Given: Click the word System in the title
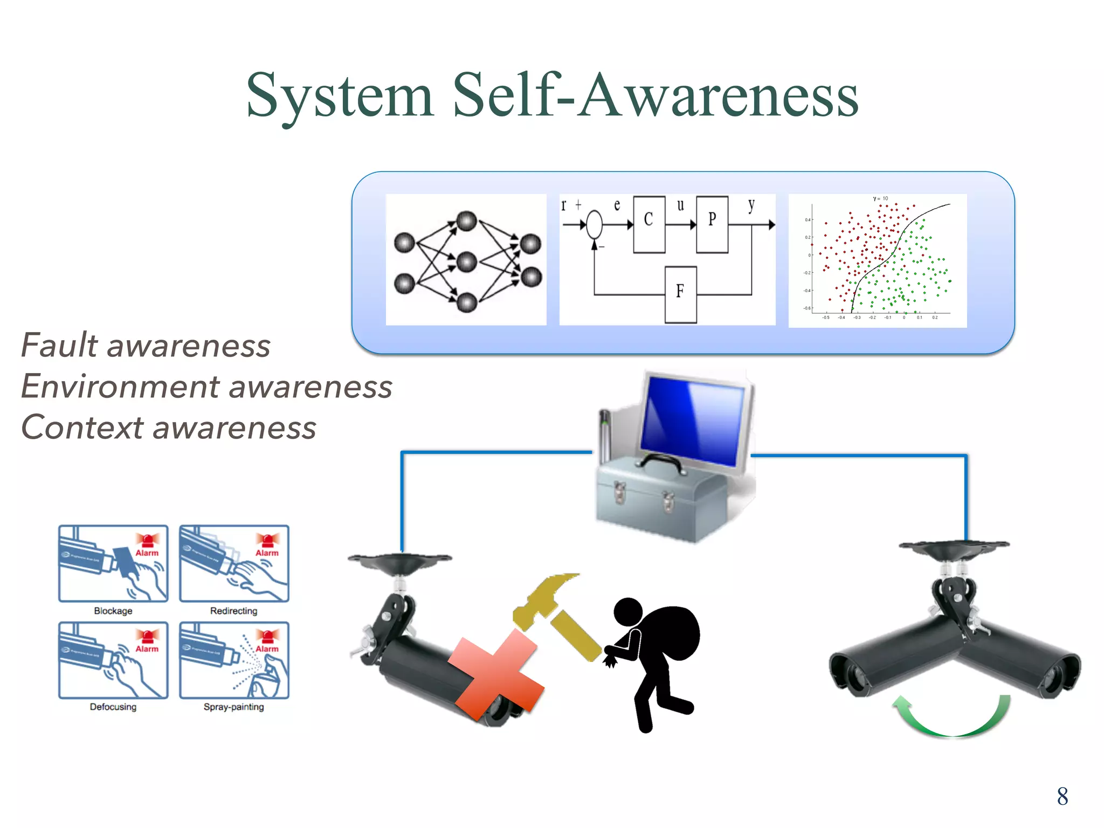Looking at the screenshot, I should tap(340, 96).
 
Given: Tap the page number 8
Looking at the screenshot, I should tap(1062, 796).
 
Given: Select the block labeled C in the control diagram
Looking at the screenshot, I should tap(648, 224).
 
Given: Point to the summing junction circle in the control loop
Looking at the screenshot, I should tap(594, 225).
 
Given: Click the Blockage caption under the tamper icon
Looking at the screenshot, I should tap(113, 611).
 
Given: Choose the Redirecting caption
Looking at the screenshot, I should tap(233, 611).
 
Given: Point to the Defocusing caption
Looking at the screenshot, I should tap(113, 707).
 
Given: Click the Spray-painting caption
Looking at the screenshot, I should tap(233, 707).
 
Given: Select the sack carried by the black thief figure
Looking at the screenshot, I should tap(671, 631).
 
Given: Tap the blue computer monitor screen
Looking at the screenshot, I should tap(693, 420).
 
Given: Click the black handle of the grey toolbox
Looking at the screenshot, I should tap(661, 461).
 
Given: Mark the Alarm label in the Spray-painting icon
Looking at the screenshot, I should tap(267, 649).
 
